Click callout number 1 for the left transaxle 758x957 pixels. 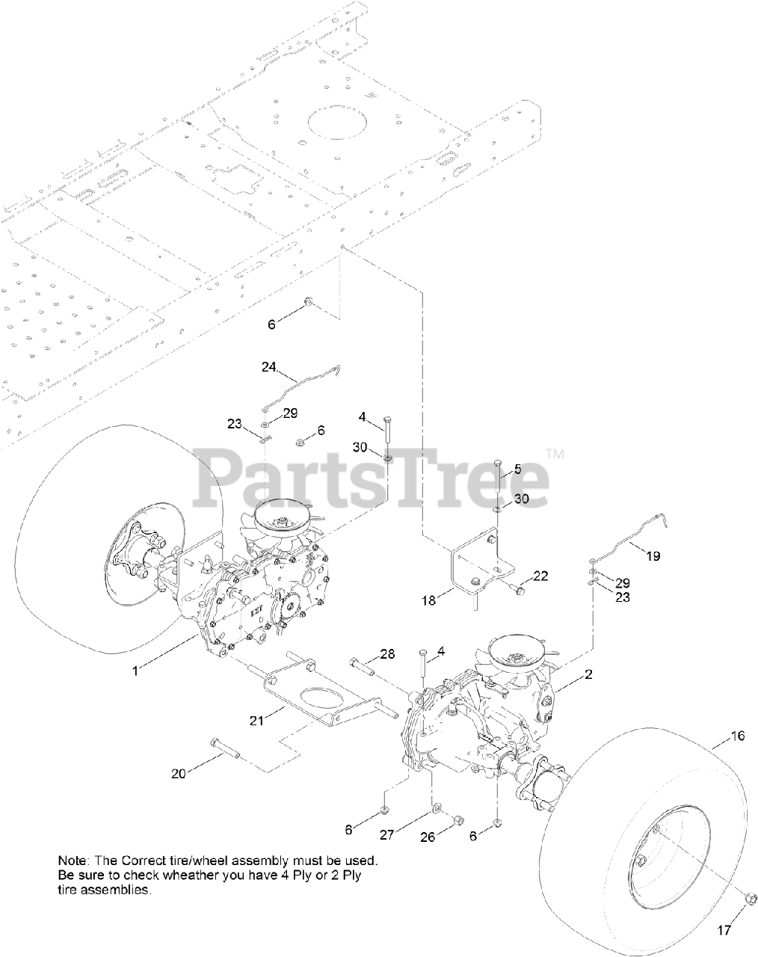click(135, 671)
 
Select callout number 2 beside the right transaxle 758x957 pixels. click(588, 674)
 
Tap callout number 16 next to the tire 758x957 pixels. click(737, 736)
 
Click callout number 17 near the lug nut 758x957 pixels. click(723, 931)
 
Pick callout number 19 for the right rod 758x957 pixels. click(653, 556)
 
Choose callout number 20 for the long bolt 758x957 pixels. click(178, 774)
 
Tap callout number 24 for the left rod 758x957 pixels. click(269, 367)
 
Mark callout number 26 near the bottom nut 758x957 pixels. click(427, 837)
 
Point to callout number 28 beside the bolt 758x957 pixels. click(386, 655)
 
